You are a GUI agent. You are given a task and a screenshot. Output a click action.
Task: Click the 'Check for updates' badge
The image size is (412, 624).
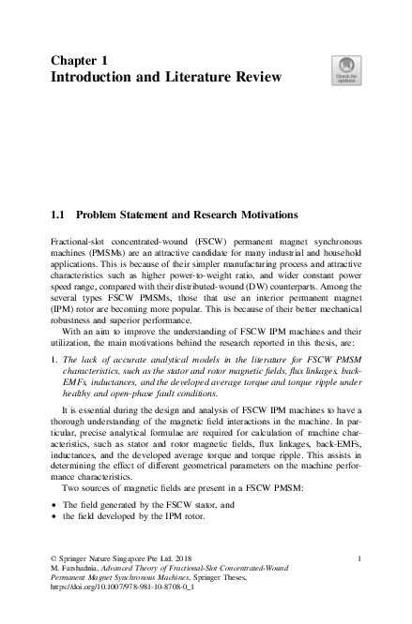click(344, 72)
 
